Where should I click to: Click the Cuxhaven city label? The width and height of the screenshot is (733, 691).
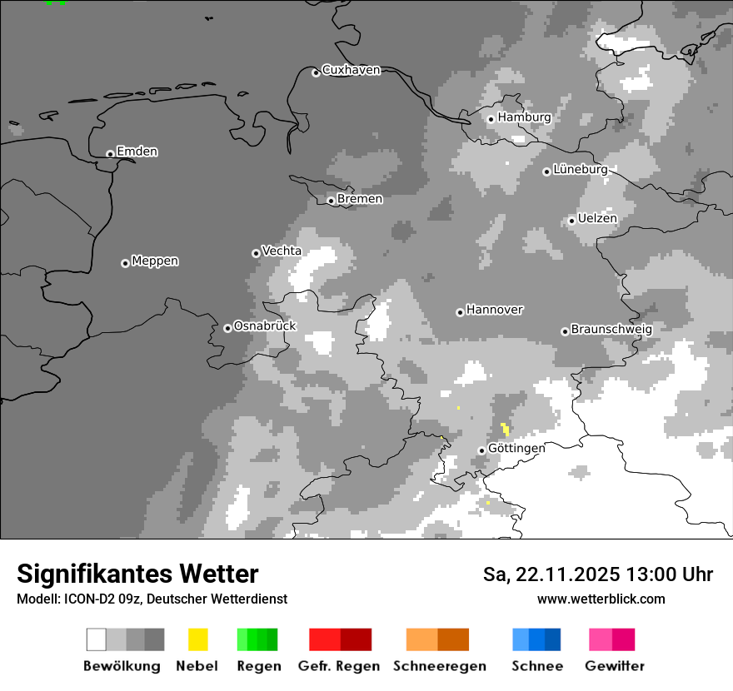(x=351, y=70)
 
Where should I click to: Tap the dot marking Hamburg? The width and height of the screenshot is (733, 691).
(x=491, y=119)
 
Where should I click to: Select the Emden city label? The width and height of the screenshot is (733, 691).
(x=137, y=152)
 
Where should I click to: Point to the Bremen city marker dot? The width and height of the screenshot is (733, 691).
(x=331, y=201)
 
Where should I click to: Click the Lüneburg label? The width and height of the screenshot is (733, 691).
(x=581, y=169)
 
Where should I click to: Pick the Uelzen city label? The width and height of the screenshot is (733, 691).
(x=597, y=218)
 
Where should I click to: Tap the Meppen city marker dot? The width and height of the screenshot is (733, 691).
(x=125, y=263)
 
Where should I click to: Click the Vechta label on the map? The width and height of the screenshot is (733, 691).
(x=282, y=251)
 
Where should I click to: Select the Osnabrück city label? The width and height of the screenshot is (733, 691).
(x=265, y=326)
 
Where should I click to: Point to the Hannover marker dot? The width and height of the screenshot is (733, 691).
(x=460, y=312)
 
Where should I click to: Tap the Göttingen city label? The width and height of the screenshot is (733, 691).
(x=516, y=448)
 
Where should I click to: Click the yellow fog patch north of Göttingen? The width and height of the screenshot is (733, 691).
(x=505, y=429)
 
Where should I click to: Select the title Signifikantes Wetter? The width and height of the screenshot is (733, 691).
(x=137, y=574)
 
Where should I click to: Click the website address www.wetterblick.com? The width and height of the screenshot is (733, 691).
(x=601, y=599)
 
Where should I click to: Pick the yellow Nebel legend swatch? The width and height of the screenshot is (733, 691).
(x=197, y=639)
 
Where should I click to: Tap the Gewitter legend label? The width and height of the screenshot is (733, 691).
(x=615, y=666)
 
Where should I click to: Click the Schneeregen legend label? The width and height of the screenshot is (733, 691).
(x=439, y=666)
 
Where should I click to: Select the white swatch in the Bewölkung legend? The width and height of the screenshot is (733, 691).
(x=97, y=639)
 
